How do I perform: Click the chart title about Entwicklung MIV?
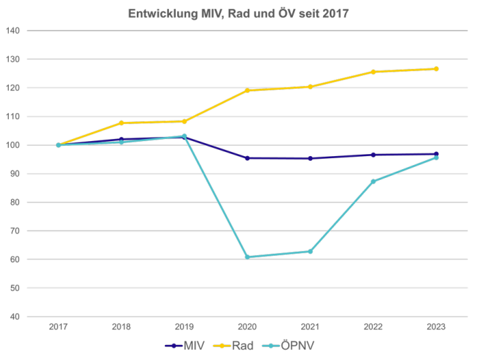coord(238,13)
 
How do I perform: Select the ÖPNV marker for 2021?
coord(311,251)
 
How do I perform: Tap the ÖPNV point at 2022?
coord(373,181)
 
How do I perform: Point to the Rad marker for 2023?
coord(435,69)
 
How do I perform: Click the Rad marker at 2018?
coord(121,123)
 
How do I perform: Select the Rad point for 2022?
coord(373,72)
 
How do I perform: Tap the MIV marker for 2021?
coord(311,158)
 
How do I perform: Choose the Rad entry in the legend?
coord(233,346)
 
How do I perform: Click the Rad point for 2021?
coord(311,87)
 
